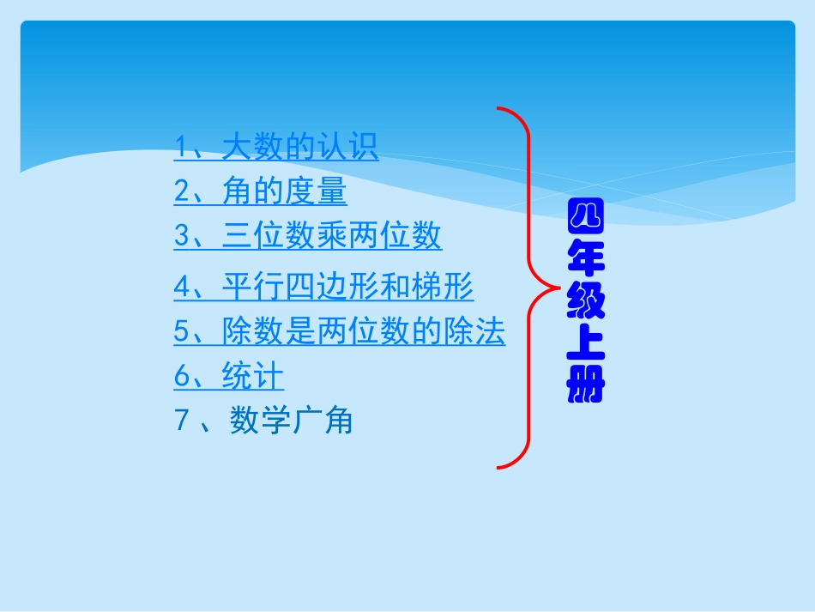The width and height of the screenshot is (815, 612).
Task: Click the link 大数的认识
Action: tap(299, 147)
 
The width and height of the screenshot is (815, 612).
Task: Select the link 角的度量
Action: tap(284, 191)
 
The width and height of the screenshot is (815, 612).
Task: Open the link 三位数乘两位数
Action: tap(331, 235)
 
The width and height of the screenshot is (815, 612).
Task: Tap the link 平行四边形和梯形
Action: tap(347, 286)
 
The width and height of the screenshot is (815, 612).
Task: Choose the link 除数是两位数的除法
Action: tap(363, 331)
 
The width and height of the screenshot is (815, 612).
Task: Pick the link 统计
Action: tap(252, 376)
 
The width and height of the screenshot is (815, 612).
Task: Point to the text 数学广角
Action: tap(291, 421)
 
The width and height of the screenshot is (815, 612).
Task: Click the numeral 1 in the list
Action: tap(181, 147)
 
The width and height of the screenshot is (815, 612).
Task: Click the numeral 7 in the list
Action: tap(181, 421)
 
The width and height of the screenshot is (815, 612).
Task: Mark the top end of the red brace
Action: tap(498, 110)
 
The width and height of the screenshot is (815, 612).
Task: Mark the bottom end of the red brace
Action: tap(498, 467)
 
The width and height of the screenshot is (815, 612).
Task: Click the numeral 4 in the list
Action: tap(181, 286)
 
